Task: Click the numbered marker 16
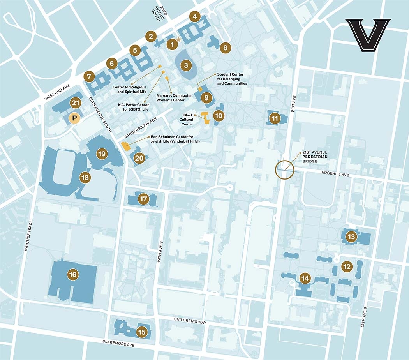coord(72,275)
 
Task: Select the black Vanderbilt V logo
coord(368,35)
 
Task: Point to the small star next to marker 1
coord(179,39)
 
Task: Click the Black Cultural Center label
coord(188,120)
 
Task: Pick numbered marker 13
coord(351,236)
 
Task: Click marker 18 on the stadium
coord(85,178)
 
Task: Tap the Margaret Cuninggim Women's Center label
coord(170,97)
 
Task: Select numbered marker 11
coord(275,118)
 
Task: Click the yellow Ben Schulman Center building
coord(125,146)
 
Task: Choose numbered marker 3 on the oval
coord(186,65)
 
